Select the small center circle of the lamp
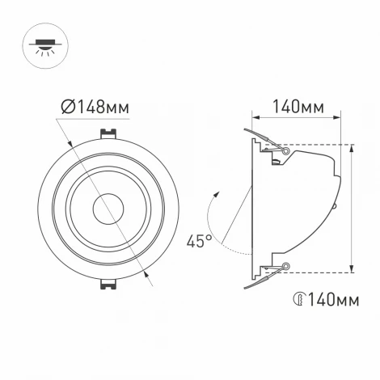[106, 209]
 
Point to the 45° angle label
[198, 240]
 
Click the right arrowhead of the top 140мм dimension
[337, 118]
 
